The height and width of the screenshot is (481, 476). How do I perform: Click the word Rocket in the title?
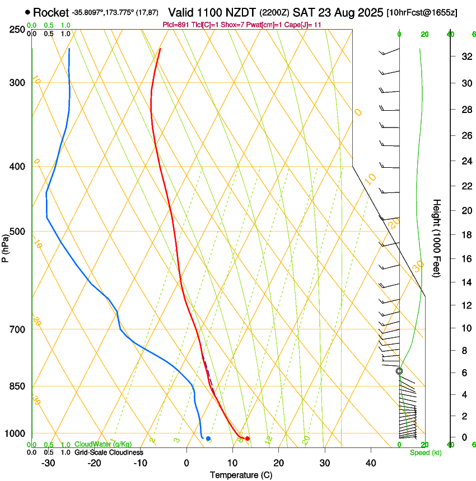pos(51,12)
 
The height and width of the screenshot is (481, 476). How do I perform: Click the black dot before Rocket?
pos(27,12)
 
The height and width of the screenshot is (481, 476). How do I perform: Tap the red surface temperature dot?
pos(248,438)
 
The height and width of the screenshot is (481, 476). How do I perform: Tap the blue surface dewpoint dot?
pos(208,438)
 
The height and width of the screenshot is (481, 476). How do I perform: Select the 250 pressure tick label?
pos(17,30)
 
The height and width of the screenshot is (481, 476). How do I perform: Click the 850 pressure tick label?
pos(17,386)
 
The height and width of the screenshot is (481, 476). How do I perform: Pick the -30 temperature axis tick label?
pos(48,463)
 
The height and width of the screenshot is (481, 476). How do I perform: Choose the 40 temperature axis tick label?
pos(370,463)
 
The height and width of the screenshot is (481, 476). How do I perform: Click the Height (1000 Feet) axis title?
pos(437,238)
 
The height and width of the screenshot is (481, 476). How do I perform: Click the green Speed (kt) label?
pos(425,452)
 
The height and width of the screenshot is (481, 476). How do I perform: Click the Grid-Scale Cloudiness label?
pos(109,452)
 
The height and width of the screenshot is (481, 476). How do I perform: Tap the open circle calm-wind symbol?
pos(399,371)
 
